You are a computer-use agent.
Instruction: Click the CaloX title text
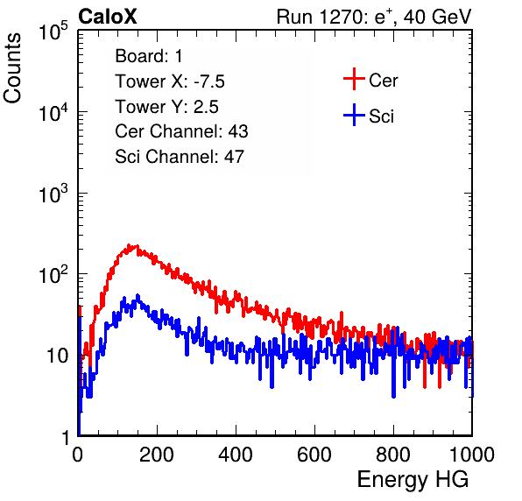(x=108, y=17)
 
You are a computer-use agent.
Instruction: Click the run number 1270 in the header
(x=338, y=17)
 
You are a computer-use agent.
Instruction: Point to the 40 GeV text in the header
(x=437, y=17)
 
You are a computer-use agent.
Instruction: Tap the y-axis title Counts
(x=12, y=68)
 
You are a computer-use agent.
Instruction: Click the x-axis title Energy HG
(x=413, y=480)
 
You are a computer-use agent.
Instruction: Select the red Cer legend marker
(x=354, y=79)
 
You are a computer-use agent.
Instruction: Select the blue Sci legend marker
(x=354, y=115)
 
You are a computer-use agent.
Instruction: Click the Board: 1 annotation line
(x=149, y=56)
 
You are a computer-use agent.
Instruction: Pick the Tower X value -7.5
(x=209, y=81)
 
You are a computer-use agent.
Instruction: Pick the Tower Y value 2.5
(x=206, y=107)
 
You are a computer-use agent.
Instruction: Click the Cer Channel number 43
(x=238, y=131)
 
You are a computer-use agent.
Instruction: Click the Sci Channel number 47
(x=234, y=157)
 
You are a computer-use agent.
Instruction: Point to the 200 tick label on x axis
(x=157, y=455)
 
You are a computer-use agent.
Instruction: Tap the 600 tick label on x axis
(x=314, y=455)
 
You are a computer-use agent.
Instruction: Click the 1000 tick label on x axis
(x=472, y=455)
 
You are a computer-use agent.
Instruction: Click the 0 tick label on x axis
(x=77, y=455)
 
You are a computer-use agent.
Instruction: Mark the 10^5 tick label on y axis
(x=53, y=32)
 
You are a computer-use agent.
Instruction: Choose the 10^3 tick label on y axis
(x=53, y=194)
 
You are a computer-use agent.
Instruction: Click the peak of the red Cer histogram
(x=129, y=245)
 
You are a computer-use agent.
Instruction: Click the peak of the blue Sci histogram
(x=138, y=295)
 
